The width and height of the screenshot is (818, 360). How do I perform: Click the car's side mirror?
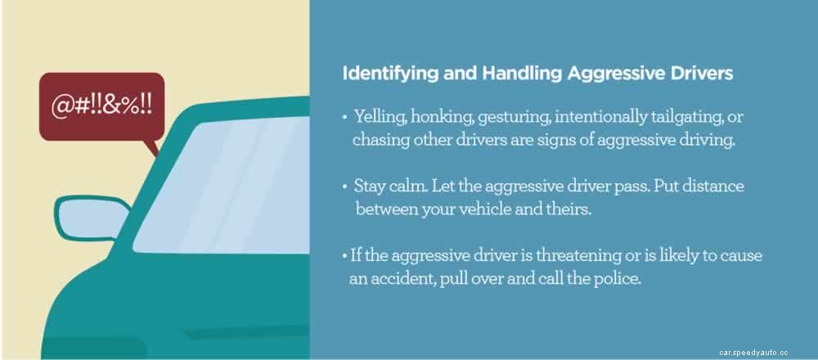81,215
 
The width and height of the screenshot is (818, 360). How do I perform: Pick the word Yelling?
378,117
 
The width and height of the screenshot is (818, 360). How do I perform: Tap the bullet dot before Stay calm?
345,187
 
